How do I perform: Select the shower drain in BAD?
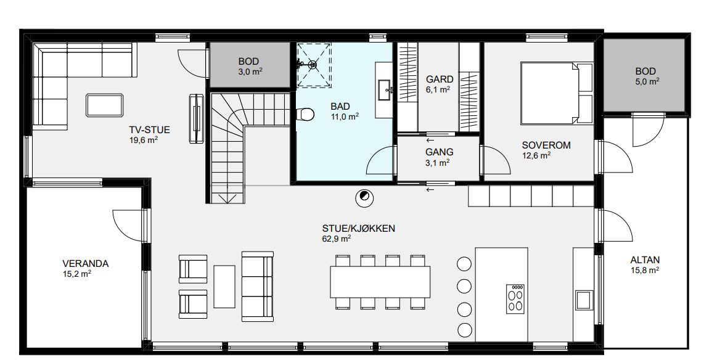click(x=313, y=65)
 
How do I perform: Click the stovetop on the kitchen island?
click(x=515, y=299)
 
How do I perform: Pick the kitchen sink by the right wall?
click(x=583, y=300)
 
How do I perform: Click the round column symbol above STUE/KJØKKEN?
click(x=364, y=197)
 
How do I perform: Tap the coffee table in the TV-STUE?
click(x=104, y=105)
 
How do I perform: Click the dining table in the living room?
click(x=380, y=282)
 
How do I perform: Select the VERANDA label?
click(x=85, y=264)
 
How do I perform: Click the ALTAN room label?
click(x=645, y=260)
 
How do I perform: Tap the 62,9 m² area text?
click(x=336, y=239)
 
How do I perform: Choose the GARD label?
click(x=440, y=80)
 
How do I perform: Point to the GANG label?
click(x=439, y=152)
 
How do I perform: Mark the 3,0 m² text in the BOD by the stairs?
click(x=249, y=72)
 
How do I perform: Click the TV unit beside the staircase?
click(x=197, y=119)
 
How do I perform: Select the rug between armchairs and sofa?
click(x=224, y=287)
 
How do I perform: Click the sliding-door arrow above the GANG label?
click(x=430, y=141)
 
